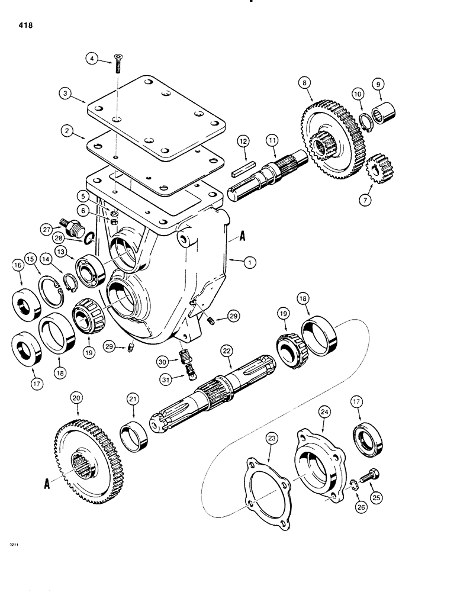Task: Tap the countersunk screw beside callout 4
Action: click(118, 62)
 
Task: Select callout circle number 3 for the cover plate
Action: click(65, 93)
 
